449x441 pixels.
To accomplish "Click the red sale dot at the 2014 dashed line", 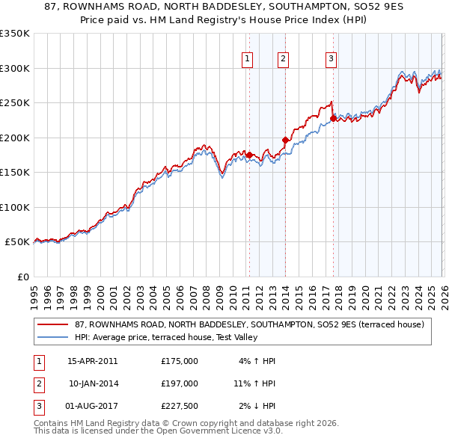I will [285, 140].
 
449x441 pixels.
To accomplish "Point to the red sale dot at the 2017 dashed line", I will [332, 118].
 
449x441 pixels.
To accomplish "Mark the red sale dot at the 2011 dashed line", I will [248, 155].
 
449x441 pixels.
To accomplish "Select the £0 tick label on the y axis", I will [22, 277].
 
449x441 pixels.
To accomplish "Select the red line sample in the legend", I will [53, 324].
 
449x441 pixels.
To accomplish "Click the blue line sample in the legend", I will [53, 338].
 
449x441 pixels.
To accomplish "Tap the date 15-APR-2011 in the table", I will [93, 361].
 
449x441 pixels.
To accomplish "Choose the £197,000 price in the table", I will [180, 383].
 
